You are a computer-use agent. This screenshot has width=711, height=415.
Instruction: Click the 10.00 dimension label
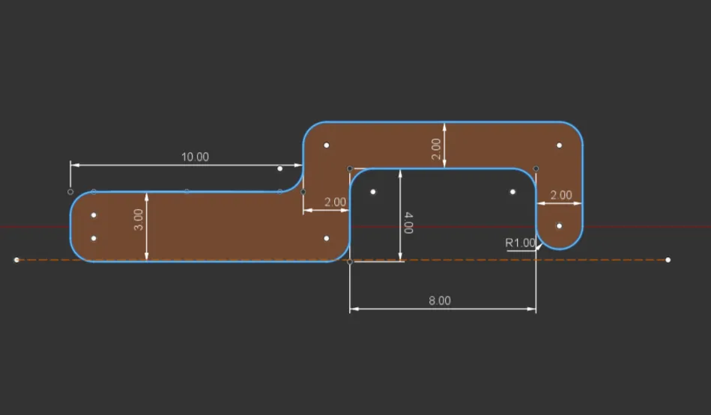pyautogui.click(x=195, y=157)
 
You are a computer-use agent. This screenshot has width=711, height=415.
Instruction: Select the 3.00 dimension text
pyautogui.click(x=139, y=219)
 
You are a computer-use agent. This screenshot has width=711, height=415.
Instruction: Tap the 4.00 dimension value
pyautogui.click(x=408, y=222)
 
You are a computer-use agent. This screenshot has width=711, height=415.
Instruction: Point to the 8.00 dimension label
pyautogui.click(x=440, y=300)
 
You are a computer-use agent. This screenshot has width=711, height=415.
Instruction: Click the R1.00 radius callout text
pyautogui.click(x=520, y=243)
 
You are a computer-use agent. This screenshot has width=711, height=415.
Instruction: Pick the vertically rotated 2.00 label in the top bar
pyautogui.click(x=436, y=149)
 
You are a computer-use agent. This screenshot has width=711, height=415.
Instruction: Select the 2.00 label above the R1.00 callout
pyautogui.click(x=561, y=195)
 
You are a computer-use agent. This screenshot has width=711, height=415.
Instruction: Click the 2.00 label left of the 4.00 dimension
pyautogui.click(x=335, y=202)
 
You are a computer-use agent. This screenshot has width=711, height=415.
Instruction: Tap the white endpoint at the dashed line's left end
pyautogui.click(x=16, y=260)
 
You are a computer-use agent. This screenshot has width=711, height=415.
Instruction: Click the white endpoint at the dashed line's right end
pyautogui.click(x=668, y=260)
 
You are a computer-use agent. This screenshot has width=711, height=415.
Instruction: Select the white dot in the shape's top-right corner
pyautogui.click(x=559, y=145)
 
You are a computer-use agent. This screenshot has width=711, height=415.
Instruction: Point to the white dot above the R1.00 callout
pyautogui.click(x=559, y=226)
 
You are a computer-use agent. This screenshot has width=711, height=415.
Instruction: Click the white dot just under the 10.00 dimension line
pyautogui.click(x=279, y=169)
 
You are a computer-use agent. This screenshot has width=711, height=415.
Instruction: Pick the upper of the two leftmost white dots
pyautogui.click(x=94, y=215)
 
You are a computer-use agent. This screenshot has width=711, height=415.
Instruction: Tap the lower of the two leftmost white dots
pyautogui.click(x=94, y=238)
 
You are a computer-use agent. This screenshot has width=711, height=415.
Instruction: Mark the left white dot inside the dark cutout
pyautogui.click(x=372, y=192)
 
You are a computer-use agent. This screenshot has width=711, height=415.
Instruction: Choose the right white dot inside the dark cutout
pyautogui.click(x=512, y=192)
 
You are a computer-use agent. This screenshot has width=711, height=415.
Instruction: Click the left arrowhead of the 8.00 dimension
pyautogui.click(x=354, y=309)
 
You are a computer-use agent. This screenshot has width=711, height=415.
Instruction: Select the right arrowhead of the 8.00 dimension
pyautogui.click(x=531, y=309)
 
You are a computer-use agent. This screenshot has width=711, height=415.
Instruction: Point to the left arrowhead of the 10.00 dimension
pyautogui.click(x=75, y=165)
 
